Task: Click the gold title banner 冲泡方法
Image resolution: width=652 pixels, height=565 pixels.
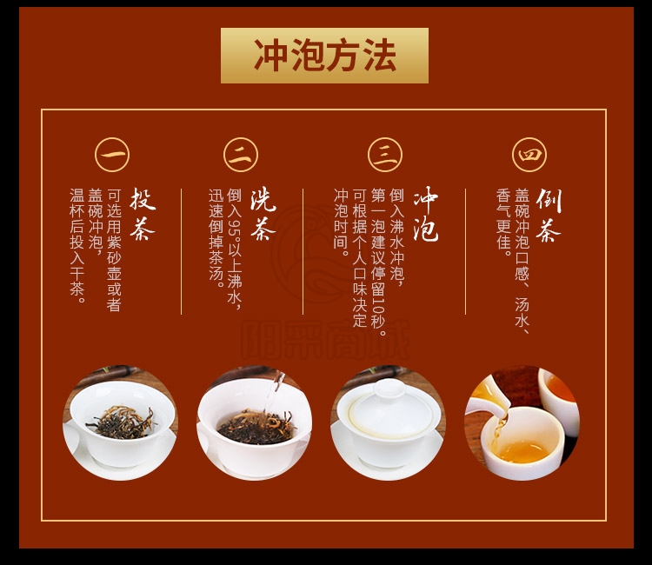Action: click(x=324, y=56)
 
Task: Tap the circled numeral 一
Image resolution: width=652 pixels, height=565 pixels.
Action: click(x=112, y=155)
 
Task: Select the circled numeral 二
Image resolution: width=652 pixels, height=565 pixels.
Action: click(x=240, y=155)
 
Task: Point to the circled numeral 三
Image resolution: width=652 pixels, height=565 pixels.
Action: click(x=385, y=155)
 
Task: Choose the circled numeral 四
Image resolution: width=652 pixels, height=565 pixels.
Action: click(x=529, y=155)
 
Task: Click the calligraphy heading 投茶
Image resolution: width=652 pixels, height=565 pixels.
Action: click(x=143, y=214)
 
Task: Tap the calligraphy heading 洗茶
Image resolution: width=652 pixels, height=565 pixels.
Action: click(x=263, y=214)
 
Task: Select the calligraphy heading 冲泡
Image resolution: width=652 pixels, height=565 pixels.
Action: click(x=425, y=214)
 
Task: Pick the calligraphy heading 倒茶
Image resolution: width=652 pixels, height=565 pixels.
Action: click(x=549, y=215)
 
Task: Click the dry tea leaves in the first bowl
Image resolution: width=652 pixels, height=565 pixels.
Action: click(x=122, y=422)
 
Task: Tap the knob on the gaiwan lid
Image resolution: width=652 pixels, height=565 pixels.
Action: click(x=389, y=389)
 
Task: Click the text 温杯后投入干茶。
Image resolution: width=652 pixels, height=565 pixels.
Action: click(x=77, y=246)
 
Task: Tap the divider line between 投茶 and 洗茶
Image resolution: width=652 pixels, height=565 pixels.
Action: click(x=182, y=251)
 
